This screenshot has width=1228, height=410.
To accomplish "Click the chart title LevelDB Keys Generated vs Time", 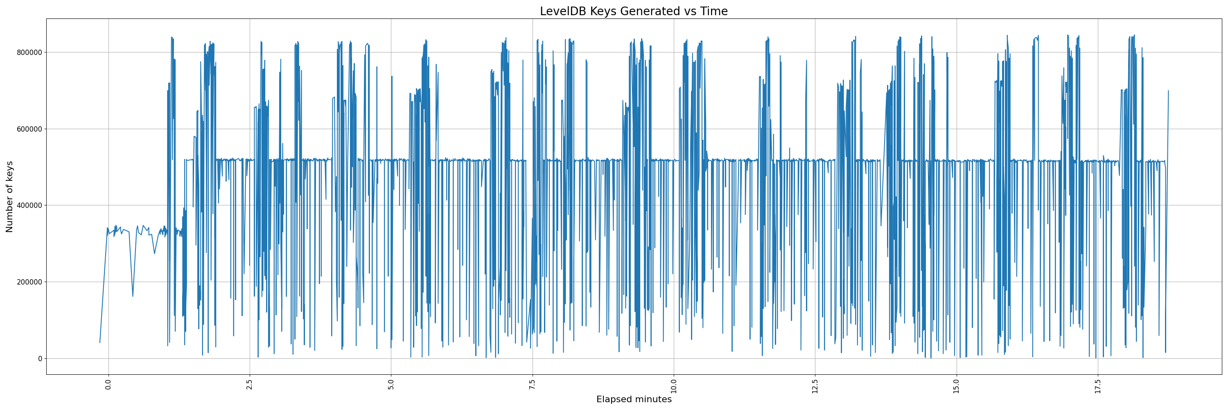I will pos(634,11).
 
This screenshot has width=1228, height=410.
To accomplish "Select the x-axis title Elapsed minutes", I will pos(634,399).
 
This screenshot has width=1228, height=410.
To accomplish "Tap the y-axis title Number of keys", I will pos(9,197).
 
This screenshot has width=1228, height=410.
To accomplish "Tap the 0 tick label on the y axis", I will pos(40,358).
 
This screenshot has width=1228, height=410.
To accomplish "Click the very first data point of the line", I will pos(99,342).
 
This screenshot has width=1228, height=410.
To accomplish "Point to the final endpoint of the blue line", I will pos(1168,91).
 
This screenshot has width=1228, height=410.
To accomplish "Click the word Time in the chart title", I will pos(713,11).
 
